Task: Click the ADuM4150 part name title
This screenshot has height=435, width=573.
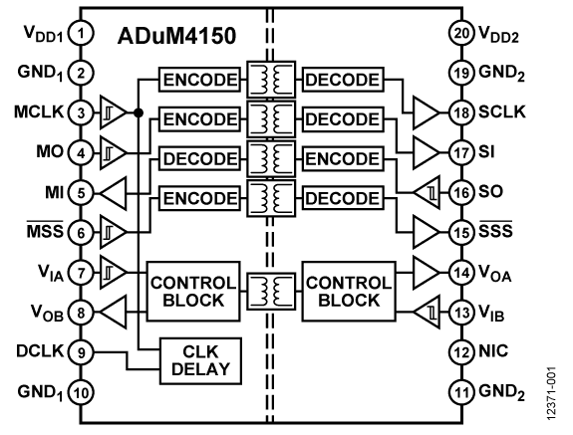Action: click(176, 36)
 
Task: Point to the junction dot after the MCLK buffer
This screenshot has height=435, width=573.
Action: click(139, 112)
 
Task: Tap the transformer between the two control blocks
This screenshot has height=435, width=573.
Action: click(271, 292)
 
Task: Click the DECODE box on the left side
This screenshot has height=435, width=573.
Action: click(199, 158)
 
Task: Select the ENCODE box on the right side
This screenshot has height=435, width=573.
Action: click(343, 158)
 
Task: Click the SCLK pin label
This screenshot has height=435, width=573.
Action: click(501, 112)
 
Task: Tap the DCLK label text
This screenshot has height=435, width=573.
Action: click(40, 351)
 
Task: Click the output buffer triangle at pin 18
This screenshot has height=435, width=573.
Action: click(427, 112)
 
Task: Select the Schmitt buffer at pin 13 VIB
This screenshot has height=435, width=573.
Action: click(427, 313)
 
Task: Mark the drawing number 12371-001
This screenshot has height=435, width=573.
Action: click(552, 393)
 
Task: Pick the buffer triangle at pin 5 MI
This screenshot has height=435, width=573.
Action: click(114, 193)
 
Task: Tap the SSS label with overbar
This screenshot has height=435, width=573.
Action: click(495, 230)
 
